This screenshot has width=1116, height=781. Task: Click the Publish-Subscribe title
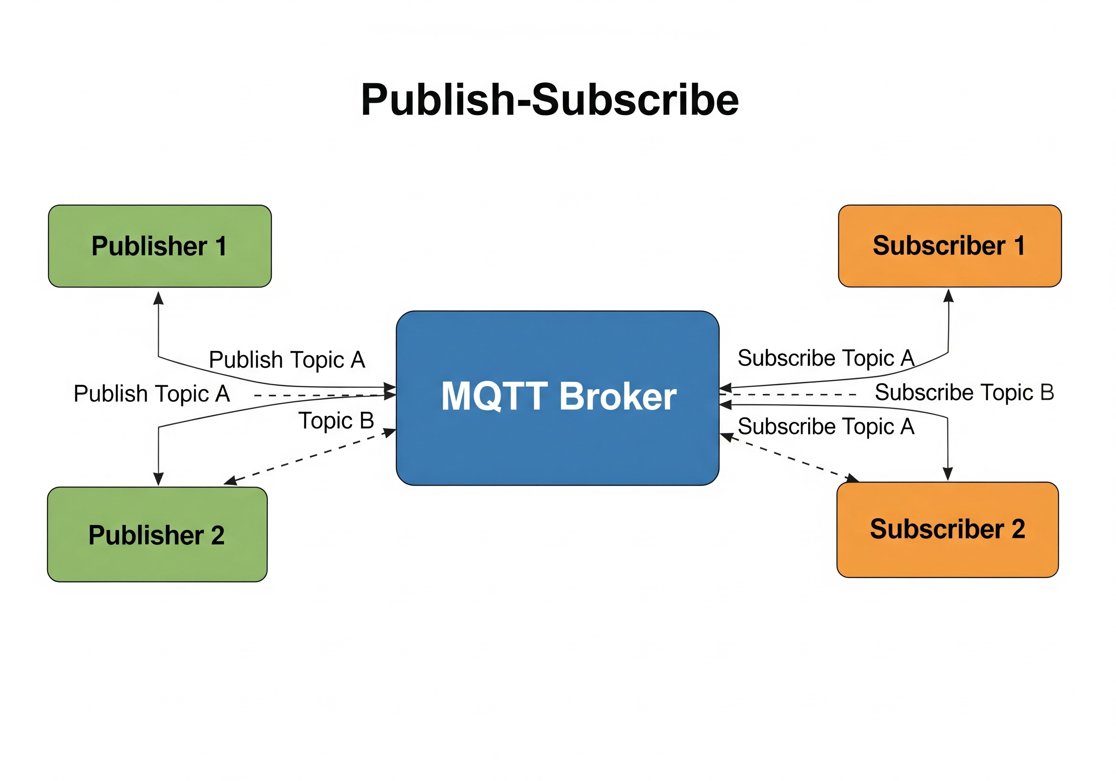(x=550, y=100)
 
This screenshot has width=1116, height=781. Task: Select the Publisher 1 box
(x=160, y=246)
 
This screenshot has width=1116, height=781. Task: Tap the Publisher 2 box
(x=157, y=534)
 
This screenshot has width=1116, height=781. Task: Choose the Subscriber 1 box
(x=949, y=246)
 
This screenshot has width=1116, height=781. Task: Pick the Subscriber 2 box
(x=947, y=529)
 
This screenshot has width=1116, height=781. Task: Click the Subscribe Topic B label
(x=964, y=393)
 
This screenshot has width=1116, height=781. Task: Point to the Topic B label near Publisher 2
(x=336, y=421)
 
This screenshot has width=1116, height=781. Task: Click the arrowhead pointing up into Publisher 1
(x=158, y=297)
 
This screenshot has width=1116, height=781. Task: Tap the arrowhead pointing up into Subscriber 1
(x=948, y=295)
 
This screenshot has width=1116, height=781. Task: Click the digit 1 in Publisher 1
(x=221, y=246)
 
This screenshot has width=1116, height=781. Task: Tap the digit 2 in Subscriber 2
(x=1018, y=529)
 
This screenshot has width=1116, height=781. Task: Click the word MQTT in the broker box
(x=494, y=396)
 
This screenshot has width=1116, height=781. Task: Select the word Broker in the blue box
(x=618, y=396)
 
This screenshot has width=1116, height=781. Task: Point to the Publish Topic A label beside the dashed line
(x=152, y=394)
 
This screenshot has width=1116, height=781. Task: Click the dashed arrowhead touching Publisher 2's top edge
(x=231, y=481)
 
